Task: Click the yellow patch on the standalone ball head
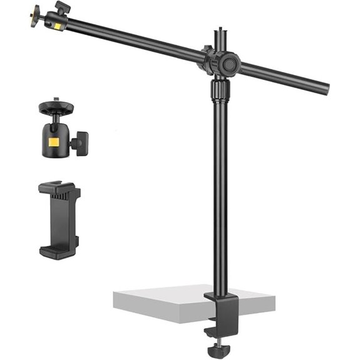(x=54, y=141)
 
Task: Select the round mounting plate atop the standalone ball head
(x=56, y=108)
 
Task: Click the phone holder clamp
(x=59, y=220)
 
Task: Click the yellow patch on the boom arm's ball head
(x=58, y=26)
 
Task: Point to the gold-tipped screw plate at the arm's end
(x=34, y=13)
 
